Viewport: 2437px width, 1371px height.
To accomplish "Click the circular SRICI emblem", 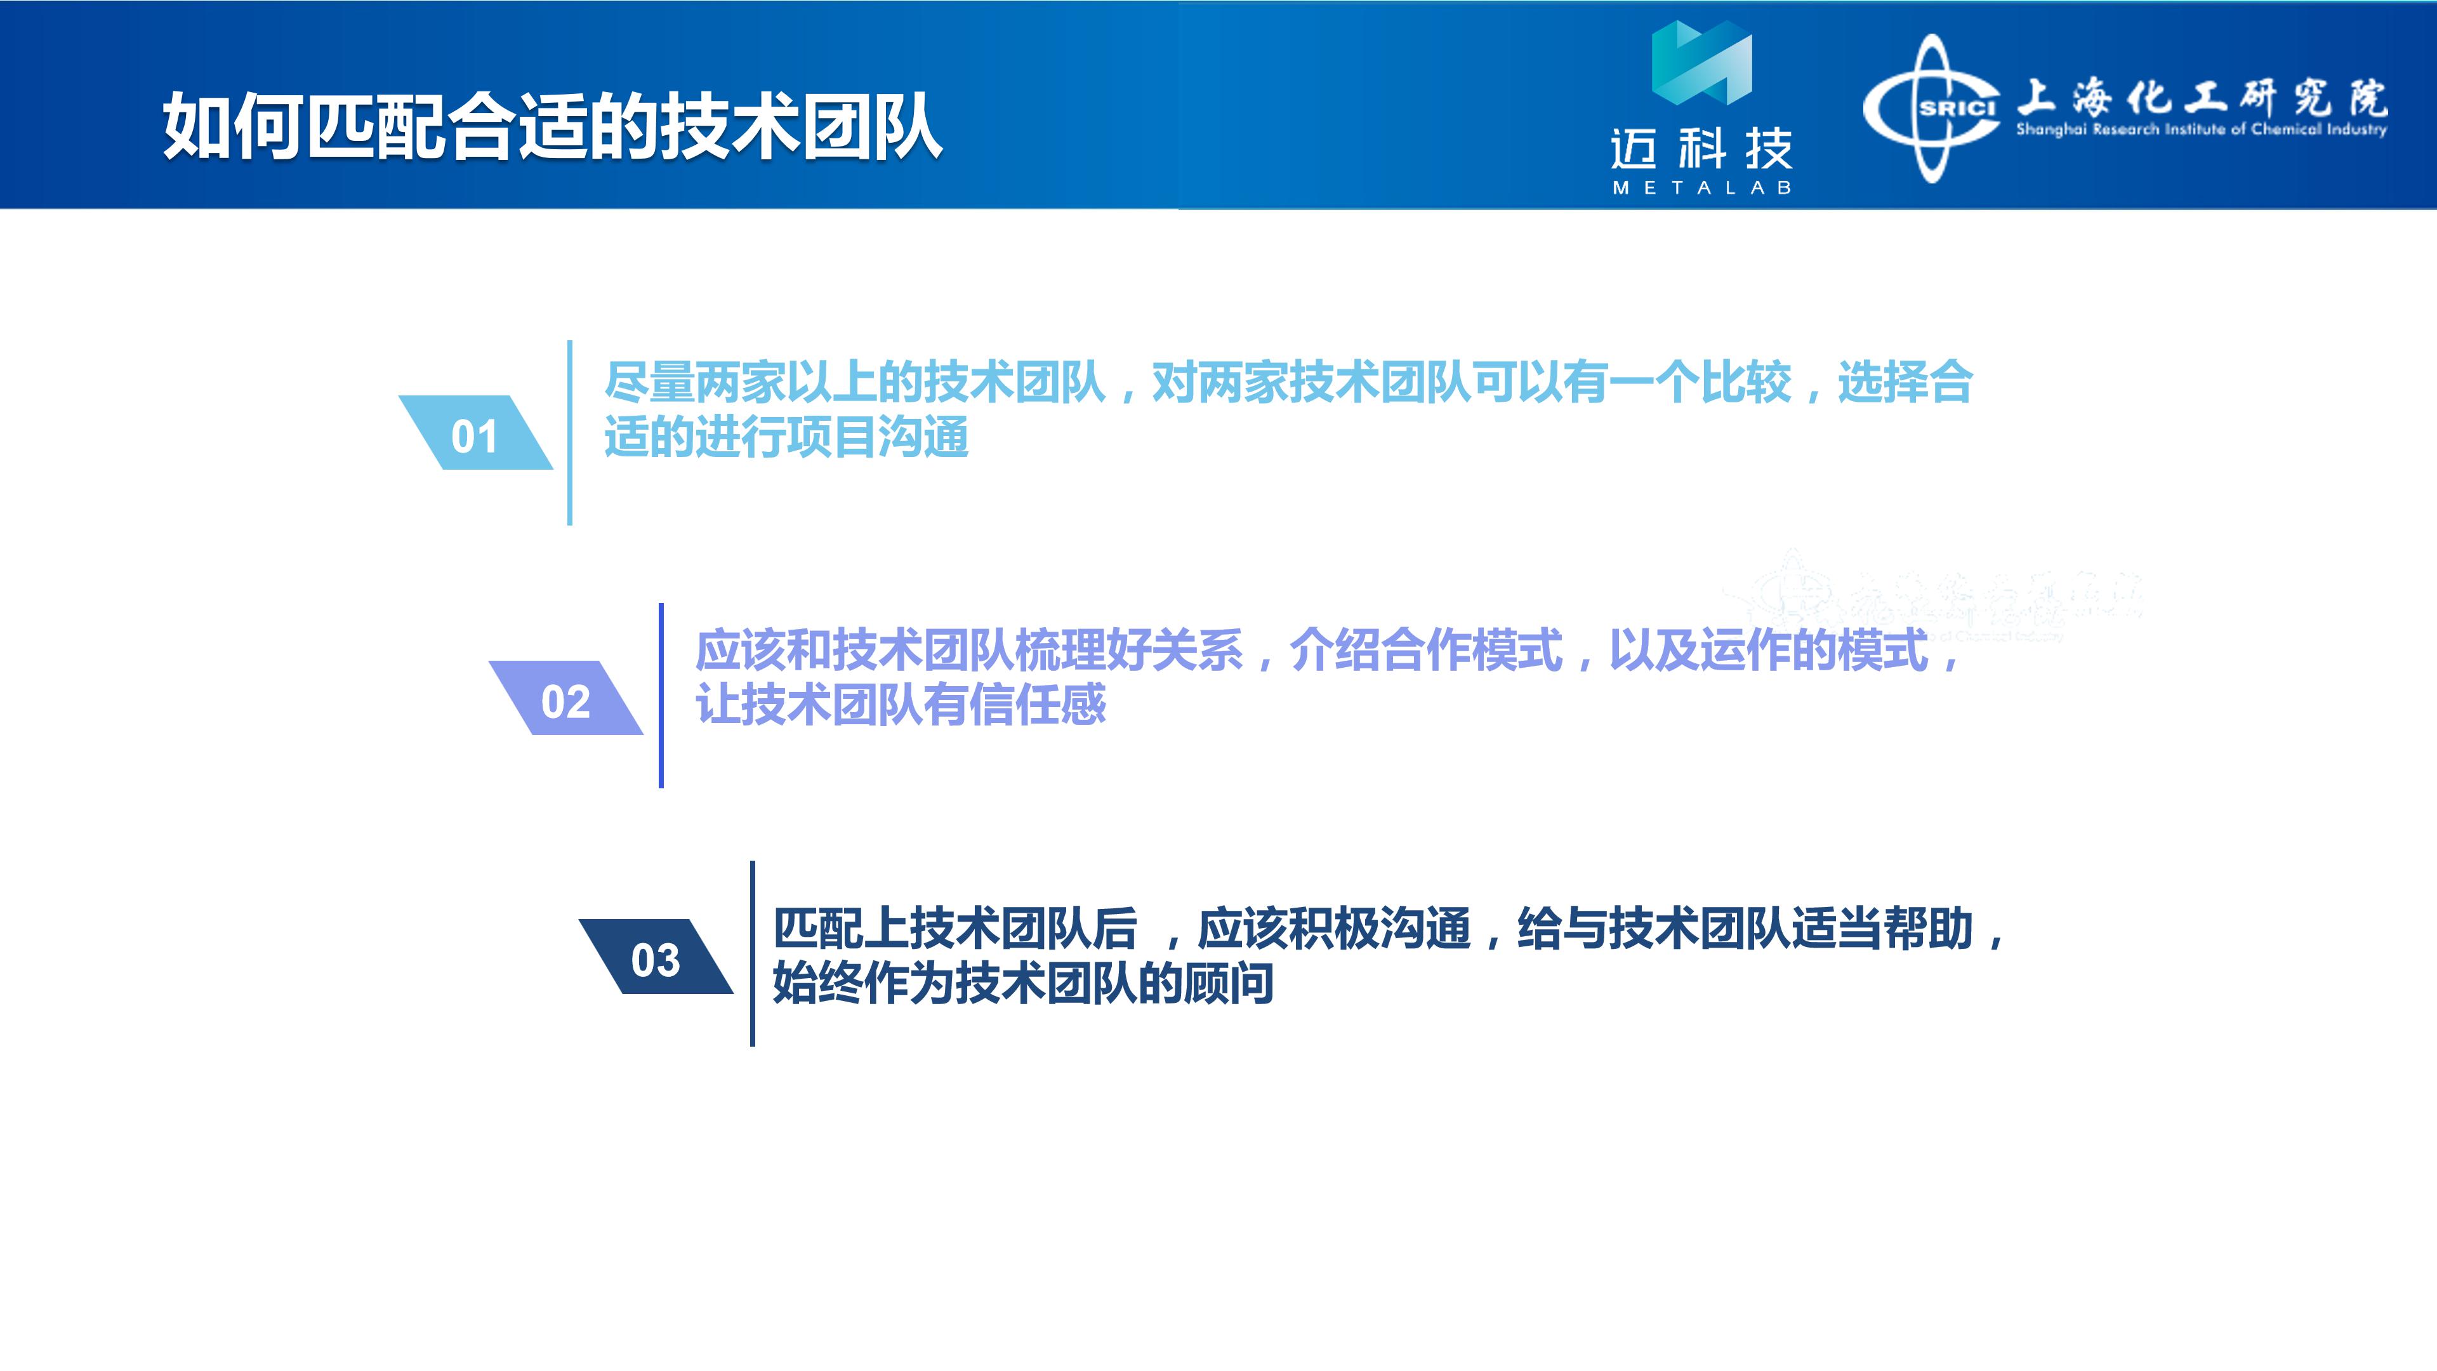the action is pos(1932,109).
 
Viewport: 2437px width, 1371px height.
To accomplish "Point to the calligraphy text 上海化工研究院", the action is pos(2202,98).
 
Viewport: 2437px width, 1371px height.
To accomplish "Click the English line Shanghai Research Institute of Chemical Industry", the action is pos(2202,129).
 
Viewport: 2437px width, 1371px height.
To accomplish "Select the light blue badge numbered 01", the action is pos(475,432).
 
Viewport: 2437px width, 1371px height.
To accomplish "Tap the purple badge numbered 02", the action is pos(565,698).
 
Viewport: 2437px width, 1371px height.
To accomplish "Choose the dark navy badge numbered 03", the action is pos(656,957).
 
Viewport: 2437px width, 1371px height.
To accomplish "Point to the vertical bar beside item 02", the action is pos(661,696).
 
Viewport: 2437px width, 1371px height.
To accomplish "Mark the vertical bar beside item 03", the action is pos(752,954).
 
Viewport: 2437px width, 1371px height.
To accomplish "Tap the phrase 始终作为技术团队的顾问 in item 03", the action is pos(1022,983).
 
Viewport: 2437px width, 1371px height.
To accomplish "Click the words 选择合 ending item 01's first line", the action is pos(1905,382).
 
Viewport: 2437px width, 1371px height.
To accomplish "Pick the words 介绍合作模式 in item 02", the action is pos(1425,650).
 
